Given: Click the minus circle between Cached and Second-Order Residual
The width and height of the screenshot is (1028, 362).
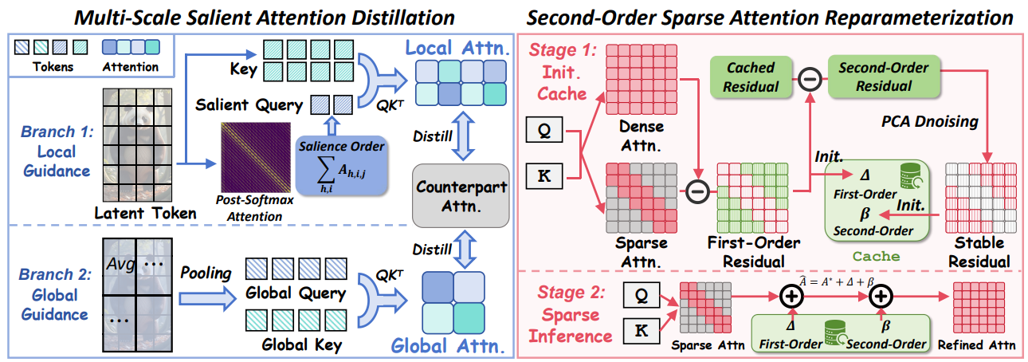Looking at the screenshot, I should coord(809,77).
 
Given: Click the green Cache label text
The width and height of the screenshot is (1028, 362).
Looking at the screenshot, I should coord(876,257).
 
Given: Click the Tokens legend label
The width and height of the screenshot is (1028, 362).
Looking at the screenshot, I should coord(48,67).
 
